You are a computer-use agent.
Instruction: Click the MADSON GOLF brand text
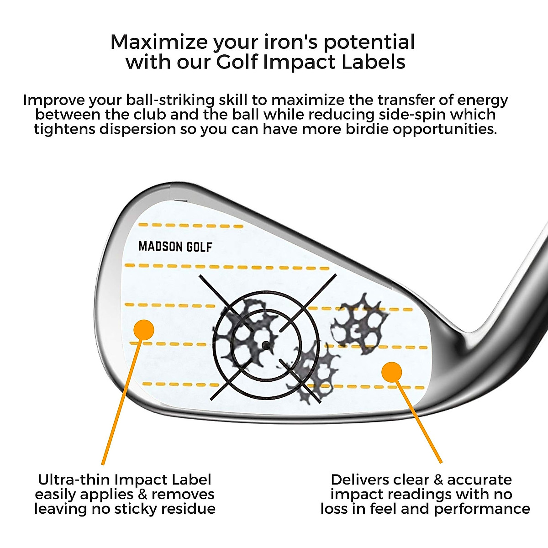tap(175, 247)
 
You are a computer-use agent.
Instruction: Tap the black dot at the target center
tap(265, 346)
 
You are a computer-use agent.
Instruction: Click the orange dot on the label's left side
tap(144, 329)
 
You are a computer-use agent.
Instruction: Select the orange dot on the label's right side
tap(392, 372)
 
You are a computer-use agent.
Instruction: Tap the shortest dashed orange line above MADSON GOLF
tap(190, 226)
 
